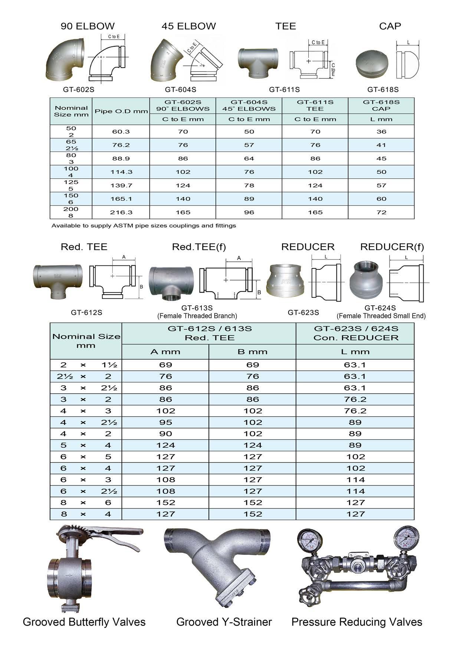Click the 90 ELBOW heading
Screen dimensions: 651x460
tap(88, 26)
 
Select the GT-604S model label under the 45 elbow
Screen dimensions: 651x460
tap(181, 89)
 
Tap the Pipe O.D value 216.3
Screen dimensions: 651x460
tap(121, 212)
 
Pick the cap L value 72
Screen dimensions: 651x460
tap(381, 212)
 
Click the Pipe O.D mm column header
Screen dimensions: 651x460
tap(121, 111)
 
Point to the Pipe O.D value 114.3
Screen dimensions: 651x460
tap(121, 172)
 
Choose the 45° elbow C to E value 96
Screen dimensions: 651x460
tap(249, 212)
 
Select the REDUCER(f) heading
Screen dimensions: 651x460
tap(392, 247)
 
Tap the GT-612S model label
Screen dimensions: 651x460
tap(86, 313)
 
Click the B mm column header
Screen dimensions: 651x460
tap(252, 351)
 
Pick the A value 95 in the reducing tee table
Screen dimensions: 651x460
tap(165, 422)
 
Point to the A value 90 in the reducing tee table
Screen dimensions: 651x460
tap(165, 434)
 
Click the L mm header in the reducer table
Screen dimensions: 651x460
tap(355, 351)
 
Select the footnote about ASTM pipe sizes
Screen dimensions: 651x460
tap(144, 225)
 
